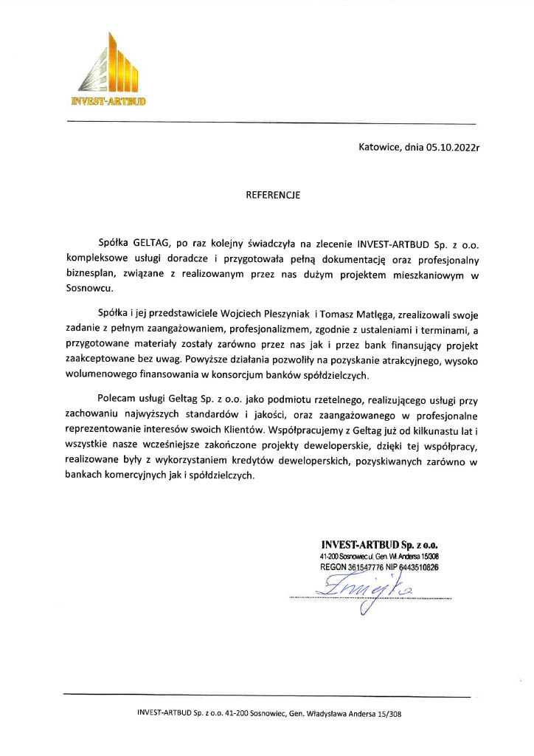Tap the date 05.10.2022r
pos(453,147)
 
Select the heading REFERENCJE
pos(273,196)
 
